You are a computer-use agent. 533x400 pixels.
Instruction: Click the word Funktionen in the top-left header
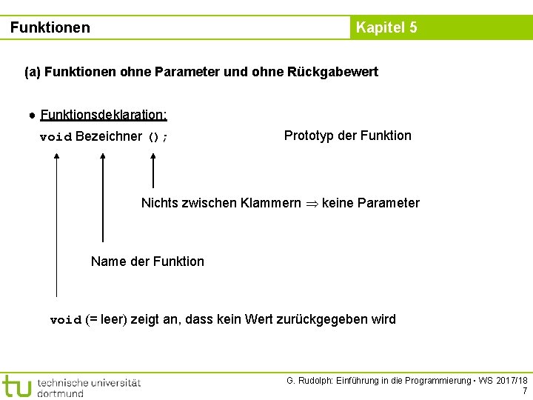point(50,28)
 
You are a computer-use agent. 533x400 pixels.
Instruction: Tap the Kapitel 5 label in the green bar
point(386,28)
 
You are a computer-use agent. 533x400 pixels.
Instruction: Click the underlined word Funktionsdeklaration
point(104,115)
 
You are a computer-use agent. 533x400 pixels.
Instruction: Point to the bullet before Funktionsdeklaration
point(33,115)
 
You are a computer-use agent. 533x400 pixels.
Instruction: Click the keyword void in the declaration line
point(56,137)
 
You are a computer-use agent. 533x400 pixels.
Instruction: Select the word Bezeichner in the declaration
point(108,136)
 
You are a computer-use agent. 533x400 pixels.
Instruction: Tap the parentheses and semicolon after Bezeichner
point(158,137)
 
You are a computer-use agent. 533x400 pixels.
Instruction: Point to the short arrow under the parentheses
point(153,170)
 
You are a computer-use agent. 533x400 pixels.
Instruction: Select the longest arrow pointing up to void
point(56,222)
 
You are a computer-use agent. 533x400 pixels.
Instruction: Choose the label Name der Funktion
point(147,261)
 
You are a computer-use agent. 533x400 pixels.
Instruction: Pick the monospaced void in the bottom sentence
point(65,321)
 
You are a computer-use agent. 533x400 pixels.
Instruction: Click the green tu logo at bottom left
point(16,386)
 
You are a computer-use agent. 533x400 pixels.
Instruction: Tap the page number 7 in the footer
point(524,391)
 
